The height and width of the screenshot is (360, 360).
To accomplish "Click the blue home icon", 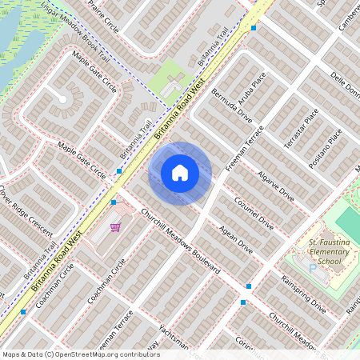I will (x=180, y=172).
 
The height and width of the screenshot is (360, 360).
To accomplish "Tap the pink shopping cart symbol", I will (x=116, y=227).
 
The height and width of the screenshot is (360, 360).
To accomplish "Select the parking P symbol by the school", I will (x=313, y=270).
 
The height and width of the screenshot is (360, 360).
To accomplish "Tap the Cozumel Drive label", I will (x=254, y=214).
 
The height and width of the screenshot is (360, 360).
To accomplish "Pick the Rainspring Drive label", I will (x=303, y=293).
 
